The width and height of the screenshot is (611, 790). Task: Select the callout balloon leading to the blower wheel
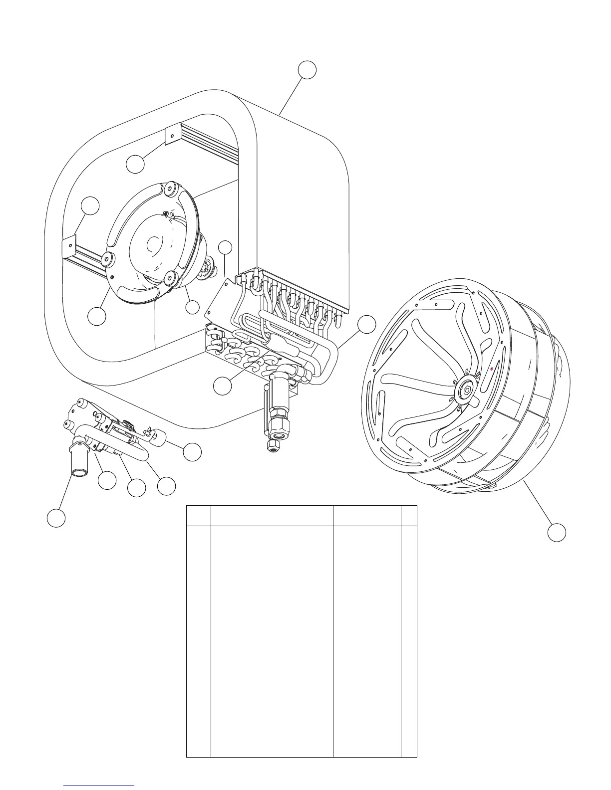pyautogui.click(x=557, y=532)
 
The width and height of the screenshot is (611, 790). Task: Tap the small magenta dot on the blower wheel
pyautogui.click(x=492, y=368)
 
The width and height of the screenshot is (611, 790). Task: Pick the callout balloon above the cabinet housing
pyautogui.click(x=307, y=70)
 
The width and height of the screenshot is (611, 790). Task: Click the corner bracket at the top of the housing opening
pyautogui.click(x=172, y=135)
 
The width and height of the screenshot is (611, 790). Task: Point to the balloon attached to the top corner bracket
pyautogui.click(x=135, y=164)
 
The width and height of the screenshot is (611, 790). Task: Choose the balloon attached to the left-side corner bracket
pyautogui.click(x=90, y=206)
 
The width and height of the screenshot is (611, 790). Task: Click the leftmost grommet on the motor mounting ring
pyautogui.click(x=107, y=258)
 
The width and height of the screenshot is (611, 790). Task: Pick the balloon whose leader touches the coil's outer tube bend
pyautogui.click(x=367, y=324)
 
